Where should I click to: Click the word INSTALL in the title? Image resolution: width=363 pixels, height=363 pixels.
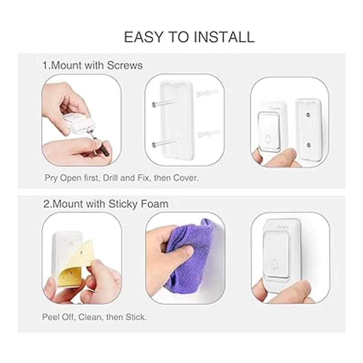tap(224, 37)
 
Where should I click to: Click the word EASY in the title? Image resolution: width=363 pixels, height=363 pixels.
tap(143, 37)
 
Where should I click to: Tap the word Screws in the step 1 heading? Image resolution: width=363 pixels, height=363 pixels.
tap(125, 66)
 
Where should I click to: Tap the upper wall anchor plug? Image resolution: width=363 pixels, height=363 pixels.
tap(208, 93)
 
